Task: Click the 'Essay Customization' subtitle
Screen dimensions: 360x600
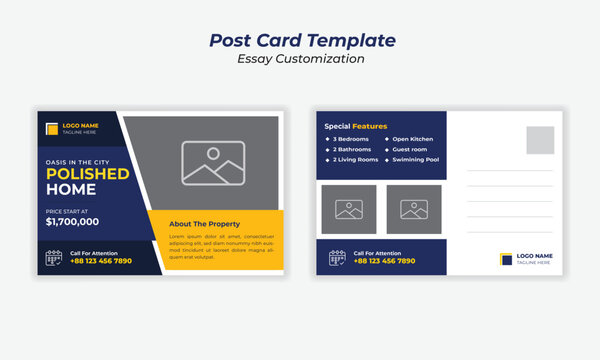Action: (300, 59)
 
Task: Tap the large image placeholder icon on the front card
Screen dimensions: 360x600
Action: (214, 163)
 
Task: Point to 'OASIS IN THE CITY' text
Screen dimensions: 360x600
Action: (77, 161)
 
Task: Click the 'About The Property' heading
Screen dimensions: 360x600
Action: (205, 223)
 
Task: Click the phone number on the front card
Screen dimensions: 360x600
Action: (101, 261)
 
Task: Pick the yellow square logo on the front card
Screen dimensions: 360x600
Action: (53, 127)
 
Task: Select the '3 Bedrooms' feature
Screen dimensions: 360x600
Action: (347, 139)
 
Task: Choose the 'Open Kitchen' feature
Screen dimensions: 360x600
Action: (411, 139)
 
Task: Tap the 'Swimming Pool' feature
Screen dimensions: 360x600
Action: (413, 160)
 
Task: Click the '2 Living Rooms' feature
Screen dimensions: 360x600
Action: (352, 160)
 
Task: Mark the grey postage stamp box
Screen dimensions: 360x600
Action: (540, 140)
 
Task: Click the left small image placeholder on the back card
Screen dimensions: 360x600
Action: (349, 210)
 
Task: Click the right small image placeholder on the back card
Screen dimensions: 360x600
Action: (413, 210)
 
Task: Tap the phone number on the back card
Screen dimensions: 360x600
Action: (385, 261)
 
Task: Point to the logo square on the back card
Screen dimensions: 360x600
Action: (506, 260)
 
